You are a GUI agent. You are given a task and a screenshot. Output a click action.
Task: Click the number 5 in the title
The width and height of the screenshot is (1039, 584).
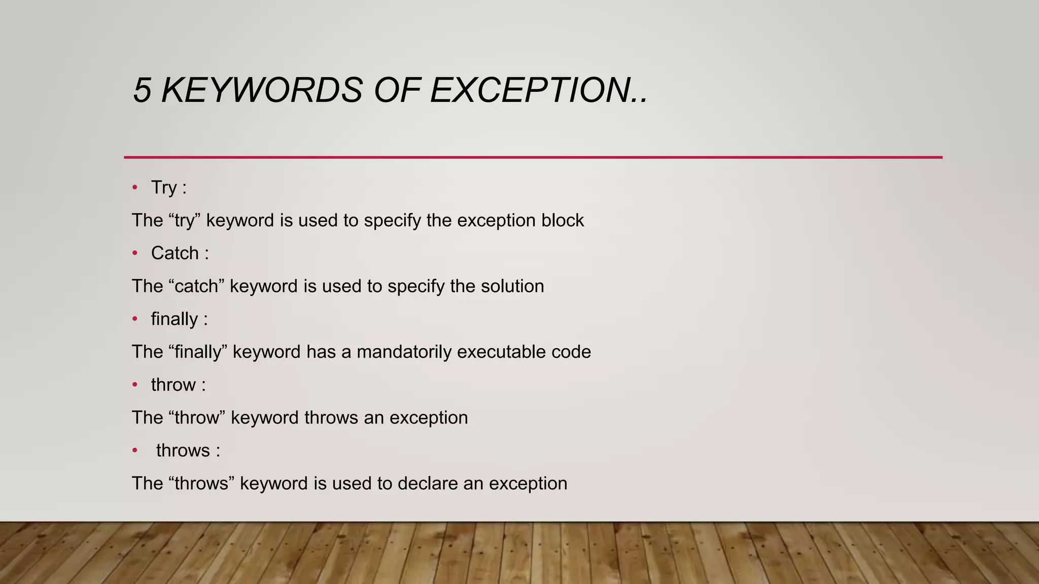click(142, 91)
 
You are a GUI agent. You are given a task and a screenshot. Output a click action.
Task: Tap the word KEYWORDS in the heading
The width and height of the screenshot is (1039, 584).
click(262, 91)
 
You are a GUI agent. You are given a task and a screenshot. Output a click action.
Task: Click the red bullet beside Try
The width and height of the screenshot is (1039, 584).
click(135, 188)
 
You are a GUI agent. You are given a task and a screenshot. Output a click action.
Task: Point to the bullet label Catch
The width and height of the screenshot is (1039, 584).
click(175, 253)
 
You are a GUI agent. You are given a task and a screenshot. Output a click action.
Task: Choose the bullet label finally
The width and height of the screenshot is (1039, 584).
click(175, 319)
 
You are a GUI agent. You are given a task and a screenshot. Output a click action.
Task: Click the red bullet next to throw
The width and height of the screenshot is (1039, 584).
click(135, 385)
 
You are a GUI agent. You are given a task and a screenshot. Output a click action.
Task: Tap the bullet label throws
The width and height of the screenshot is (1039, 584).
click(183, 450)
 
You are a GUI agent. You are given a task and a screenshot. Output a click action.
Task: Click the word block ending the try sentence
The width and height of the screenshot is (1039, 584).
click(563, 221)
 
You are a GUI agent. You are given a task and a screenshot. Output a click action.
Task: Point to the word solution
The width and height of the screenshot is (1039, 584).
click(512, 286)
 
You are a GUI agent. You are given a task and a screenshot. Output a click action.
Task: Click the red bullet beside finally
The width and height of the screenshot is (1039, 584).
click(135, 319)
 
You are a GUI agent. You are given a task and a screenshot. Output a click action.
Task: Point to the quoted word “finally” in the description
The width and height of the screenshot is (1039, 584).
click(197, 352)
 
